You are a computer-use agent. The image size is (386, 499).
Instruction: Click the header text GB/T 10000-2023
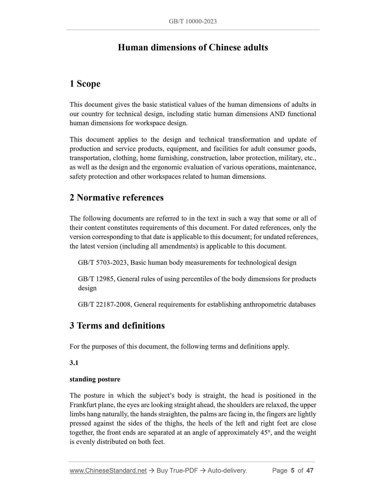[193, 22]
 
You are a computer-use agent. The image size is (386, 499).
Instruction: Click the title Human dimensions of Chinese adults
[193, 47]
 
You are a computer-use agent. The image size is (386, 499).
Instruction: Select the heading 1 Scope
[85, 84]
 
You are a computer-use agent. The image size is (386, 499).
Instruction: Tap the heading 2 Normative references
[116, 197]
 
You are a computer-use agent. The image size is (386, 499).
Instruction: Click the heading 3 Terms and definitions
[117, 326]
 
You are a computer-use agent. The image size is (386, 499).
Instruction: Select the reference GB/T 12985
[96, 279]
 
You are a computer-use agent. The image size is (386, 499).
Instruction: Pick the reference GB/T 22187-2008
[104, 304]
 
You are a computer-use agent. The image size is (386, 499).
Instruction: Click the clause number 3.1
[74, 363]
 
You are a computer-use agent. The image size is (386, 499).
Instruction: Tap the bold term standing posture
[95, 379]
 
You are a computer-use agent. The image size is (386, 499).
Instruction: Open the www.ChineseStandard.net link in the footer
[108, 471]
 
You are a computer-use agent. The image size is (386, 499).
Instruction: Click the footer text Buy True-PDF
[177, 471]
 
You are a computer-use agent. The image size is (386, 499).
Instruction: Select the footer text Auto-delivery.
[227, 471]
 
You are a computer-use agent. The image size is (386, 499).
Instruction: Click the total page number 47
[310, 471]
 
